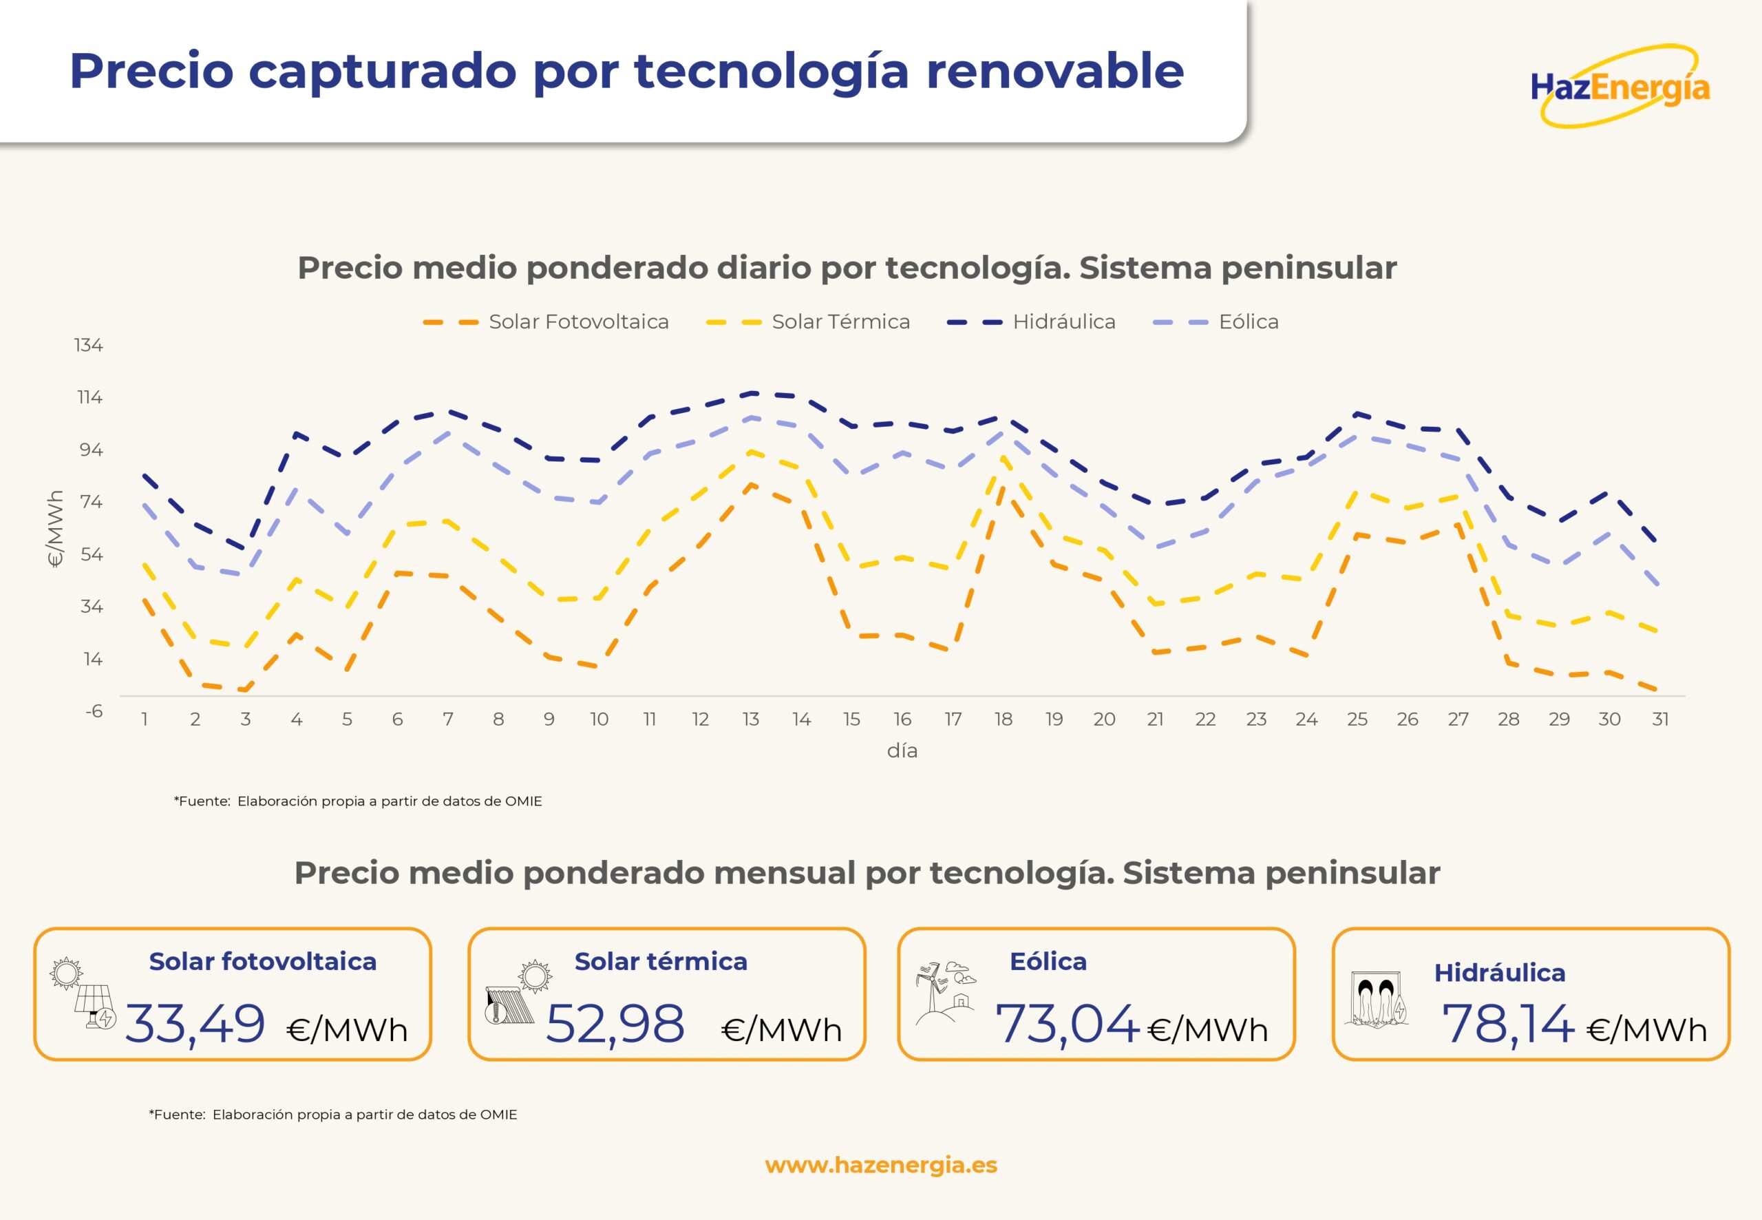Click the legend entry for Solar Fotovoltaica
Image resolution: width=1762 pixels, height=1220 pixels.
[546, 322]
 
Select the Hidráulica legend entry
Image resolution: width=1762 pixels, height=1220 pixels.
[1031, 322]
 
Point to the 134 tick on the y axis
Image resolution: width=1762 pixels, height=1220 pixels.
[89, 346]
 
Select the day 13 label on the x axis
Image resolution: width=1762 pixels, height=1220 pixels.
[750, 719]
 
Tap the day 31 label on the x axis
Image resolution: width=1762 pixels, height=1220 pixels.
[1659, 719]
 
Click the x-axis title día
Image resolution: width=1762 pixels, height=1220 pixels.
[902, 750]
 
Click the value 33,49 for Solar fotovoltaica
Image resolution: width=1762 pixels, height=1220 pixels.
[195, 1024]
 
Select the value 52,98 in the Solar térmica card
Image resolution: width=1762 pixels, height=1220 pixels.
[615, 1024]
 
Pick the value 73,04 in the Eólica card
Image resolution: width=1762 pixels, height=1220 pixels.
[1067, 1024]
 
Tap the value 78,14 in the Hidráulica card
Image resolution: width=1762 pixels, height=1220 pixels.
[1507, 1024]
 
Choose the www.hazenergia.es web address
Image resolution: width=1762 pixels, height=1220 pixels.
[881, 1165]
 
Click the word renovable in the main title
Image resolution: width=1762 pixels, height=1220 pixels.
[1055, 71]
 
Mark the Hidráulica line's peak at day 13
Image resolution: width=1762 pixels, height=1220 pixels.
[752, 393]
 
